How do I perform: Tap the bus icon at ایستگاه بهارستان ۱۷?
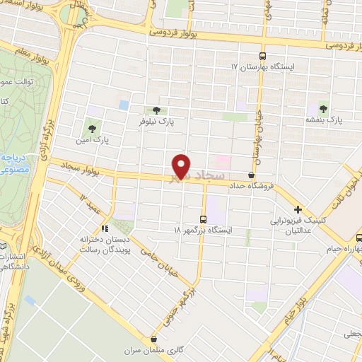[x=263, y=56]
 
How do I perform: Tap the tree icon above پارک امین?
[x=91, y=129]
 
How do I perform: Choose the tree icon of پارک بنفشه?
[x=324, y=109]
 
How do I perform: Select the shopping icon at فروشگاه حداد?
[x=252, y=175]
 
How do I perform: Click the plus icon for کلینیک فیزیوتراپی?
[x=298, y=209]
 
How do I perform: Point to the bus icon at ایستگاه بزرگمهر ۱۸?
[x=204, y=218]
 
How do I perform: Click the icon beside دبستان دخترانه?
[x=105, y=228]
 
